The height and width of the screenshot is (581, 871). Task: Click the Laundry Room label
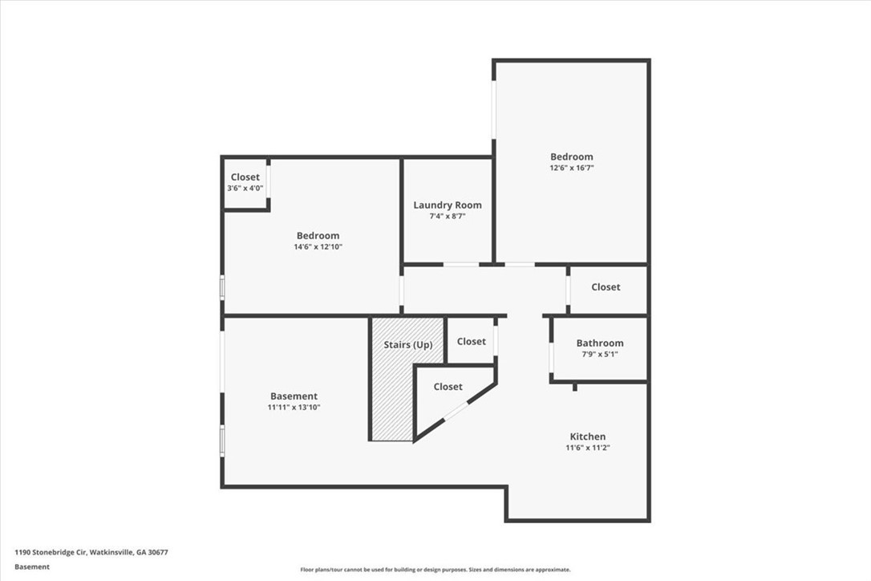point(448,205)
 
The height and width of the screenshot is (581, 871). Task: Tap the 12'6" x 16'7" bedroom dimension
point(572,168)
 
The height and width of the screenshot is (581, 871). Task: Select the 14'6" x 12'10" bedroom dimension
point(318,247)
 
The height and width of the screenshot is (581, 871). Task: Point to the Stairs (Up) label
point(407,345)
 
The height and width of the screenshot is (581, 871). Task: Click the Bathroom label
point(599,343)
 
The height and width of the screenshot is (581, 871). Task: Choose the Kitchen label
point(588,437)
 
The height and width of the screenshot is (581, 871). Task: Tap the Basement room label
point(294,396)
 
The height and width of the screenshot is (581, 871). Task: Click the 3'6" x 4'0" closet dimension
point(245,189)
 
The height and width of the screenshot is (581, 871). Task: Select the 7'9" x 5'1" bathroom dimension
point(599,354)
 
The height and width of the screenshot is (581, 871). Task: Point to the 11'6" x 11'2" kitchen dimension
point(588,448)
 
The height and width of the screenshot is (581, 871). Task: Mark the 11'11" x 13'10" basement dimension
point(294,408)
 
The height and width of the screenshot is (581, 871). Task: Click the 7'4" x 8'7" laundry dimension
point(448,217)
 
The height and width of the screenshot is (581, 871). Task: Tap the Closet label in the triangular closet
point(448,387)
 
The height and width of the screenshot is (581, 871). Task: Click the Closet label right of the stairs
point(471,341)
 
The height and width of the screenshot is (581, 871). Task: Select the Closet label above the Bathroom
point(606,286)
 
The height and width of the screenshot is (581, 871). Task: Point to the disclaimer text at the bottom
point(435,569)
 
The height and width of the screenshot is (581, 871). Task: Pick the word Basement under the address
point(31,567)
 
